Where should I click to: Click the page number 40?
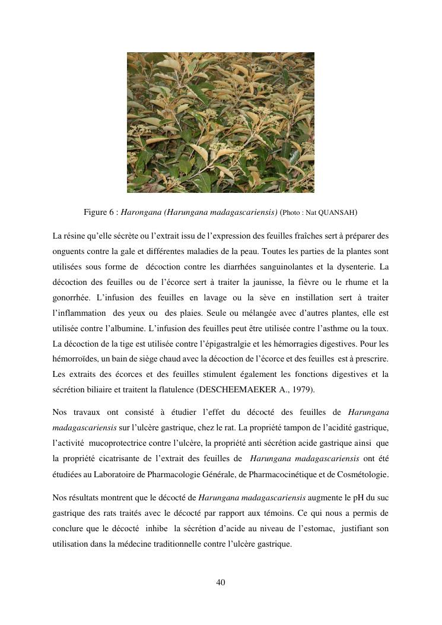coord(221,582)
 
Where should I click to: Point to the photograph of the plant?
coord(221,122)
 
